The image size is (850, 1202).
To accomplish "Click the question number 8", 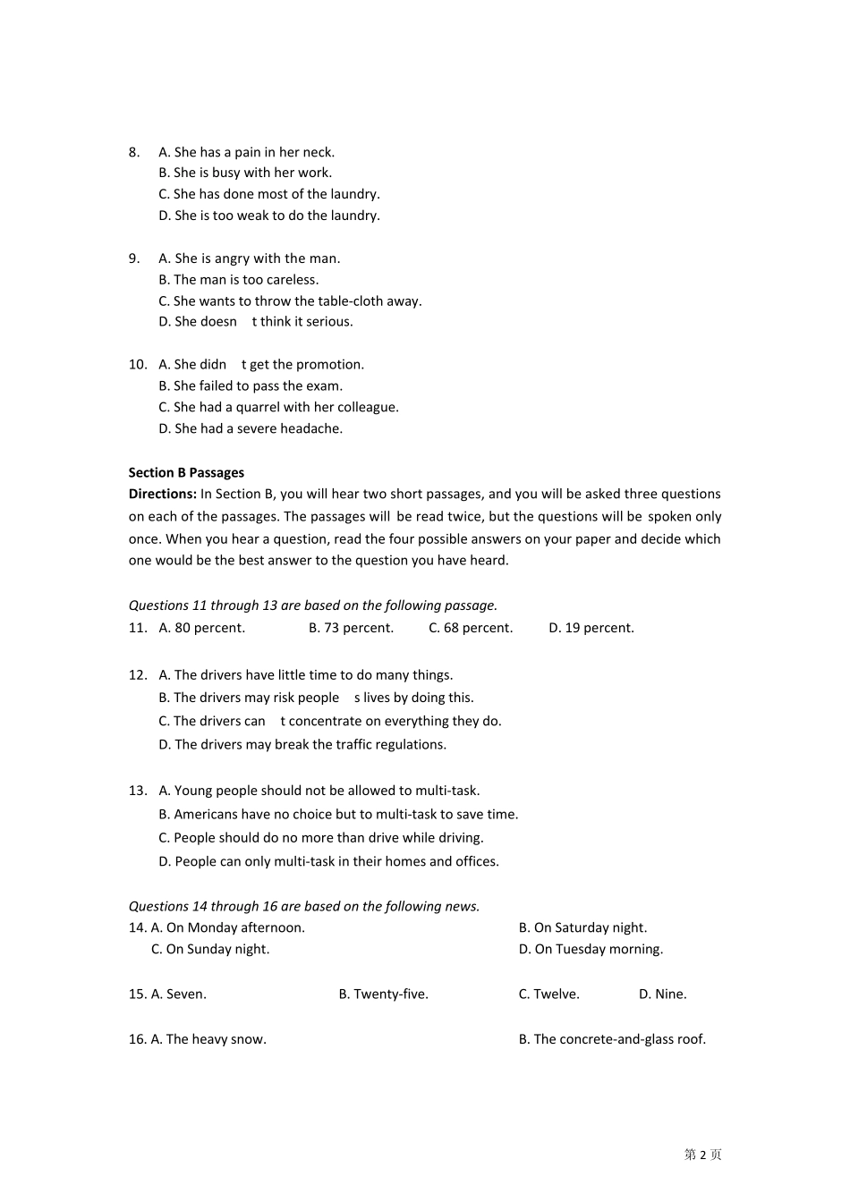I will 134,152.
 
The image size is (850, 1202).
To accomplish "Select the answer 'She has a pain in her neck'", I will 246,152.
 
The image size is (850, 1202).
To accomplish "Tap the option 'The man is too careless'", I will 238,280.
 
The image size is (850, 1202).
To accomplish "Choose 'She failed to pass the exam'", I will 251,386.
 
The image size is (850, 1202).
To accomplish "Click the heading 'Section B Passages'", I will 186,472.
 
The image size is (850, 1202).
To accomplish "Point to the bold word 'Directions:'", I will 162,494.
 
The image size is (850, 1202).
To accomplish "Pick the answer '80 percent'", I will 201,628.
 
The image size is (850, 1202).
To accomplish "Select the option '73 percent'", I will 351,628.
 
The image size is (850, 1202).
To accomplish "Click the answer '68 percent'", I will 471,628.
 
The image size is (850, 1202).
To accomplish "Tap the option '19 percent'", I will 591,628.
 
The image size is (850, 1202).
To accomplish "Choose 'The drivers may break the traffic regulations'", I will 302,744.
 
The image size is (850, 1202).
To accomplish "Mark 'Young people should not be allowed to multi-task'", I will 319,791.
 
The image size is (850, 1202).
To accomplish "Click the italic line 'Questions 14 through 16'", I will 304,906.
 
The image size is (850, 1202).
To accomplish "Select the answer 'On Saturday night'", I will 582,927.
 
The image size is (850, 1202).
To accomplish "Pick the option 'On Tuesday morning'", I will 591,949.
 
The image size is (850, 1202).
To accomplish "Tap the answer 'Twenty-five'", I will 383,994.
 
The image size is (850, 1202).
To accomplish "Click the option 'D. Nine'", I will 662,994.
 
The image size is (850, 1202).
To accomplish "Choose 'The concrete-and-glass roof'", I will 612,1039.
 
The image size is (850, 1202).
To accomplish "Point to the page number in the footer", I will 702,1155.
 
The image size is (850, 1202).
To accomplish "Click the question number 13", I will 137,791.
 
